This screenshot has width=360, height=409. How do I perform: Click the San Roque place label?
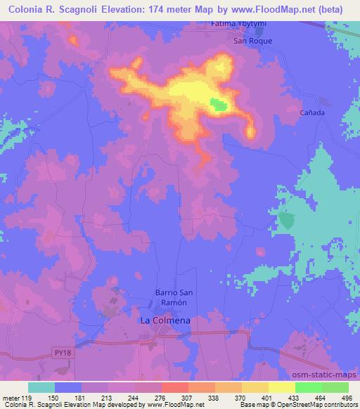coord(252,41)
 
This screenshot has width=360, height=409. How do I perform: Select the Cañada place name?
coord(313,112)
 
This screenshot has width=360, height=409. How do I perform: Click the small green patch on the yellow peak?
coord(219,105)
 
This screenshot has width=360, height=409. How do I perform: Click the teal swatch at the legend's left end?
coord(41,387)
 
